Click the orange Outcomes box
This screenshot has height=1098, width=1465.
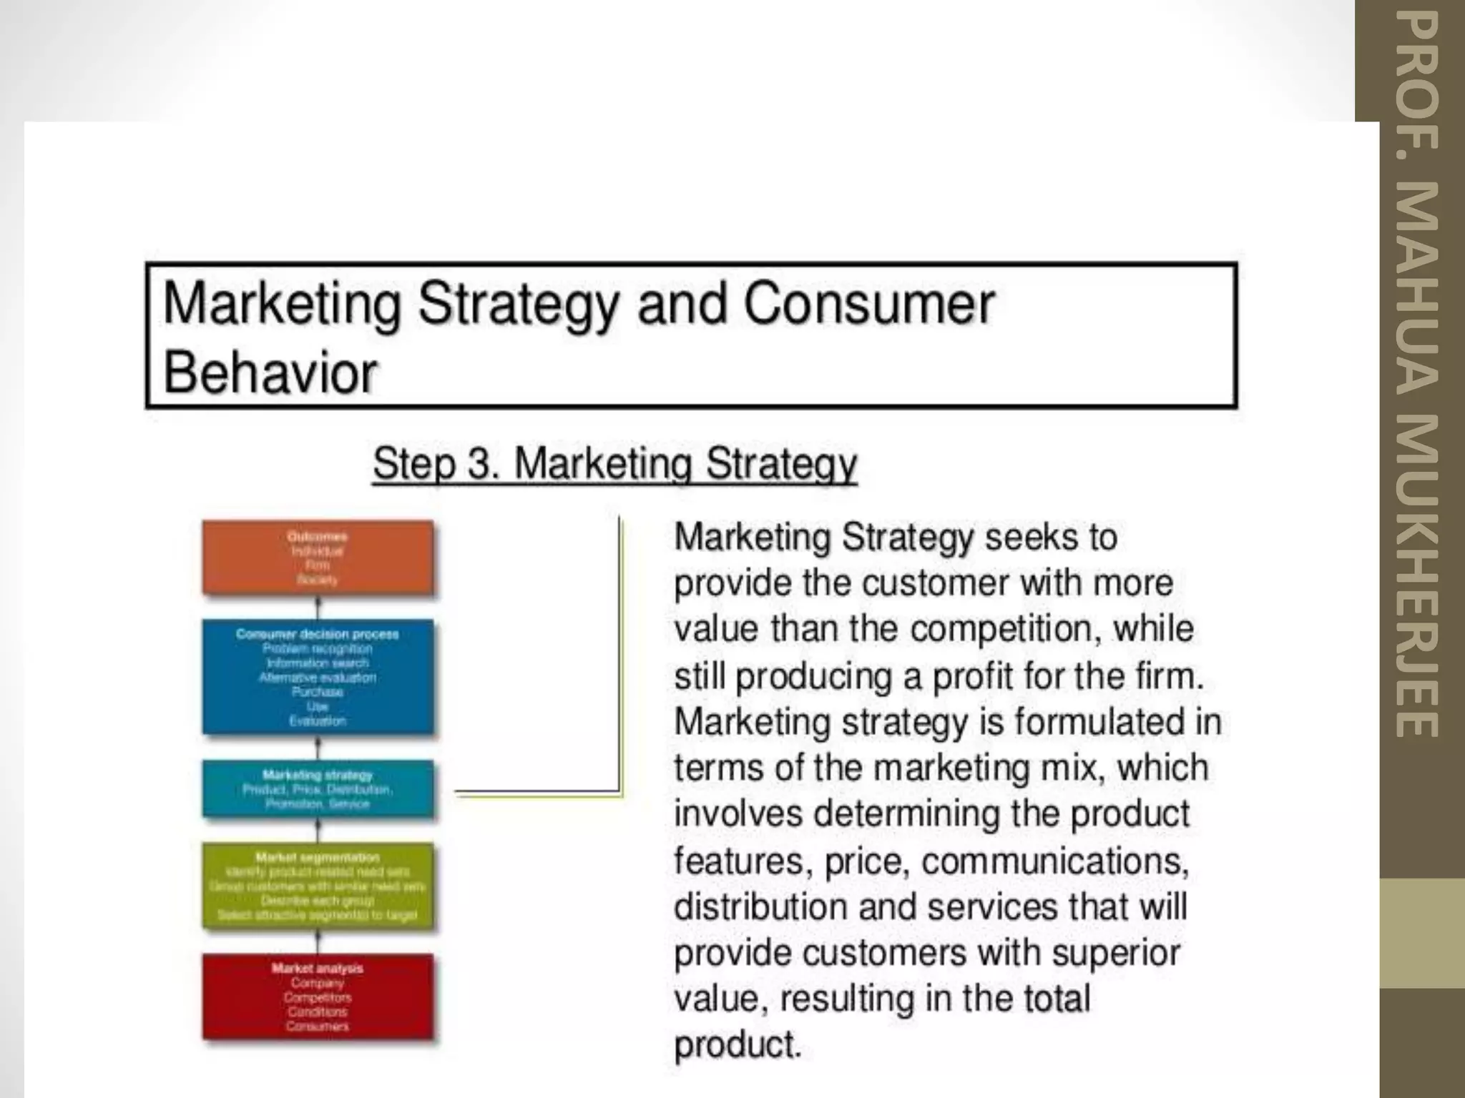click(318, 558)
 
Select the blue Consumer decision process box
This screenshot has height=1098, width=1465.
click(318, 677)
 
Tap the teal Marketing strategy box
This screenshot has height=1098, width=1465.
click(318, 788)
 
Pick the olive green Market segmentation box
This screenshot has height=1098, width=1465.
click(318, 886)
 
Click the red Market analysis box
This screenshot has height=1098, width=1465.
click(318, 997)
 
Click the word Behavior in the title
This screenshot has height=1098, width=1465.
click(270, 372)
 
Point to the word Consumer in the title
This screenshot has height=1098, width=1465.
click(868, 305)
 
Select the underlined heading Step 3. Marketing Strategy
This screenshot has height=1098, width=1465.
click(614, 463)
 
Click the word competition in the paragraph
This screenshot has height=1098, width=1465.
click(1004, 629)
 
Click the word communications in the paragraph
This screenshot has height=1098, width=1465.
click(1054, 860)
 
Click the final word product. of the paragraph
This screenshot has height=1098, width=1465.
click(737, 1045)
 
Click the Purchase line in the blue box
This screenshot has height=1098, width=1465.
click(318, 692)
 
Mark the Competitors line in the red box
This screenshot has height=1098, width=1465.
click(318, 997)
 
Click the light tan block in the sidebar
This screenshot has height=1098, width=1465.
click(1422, 933)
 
